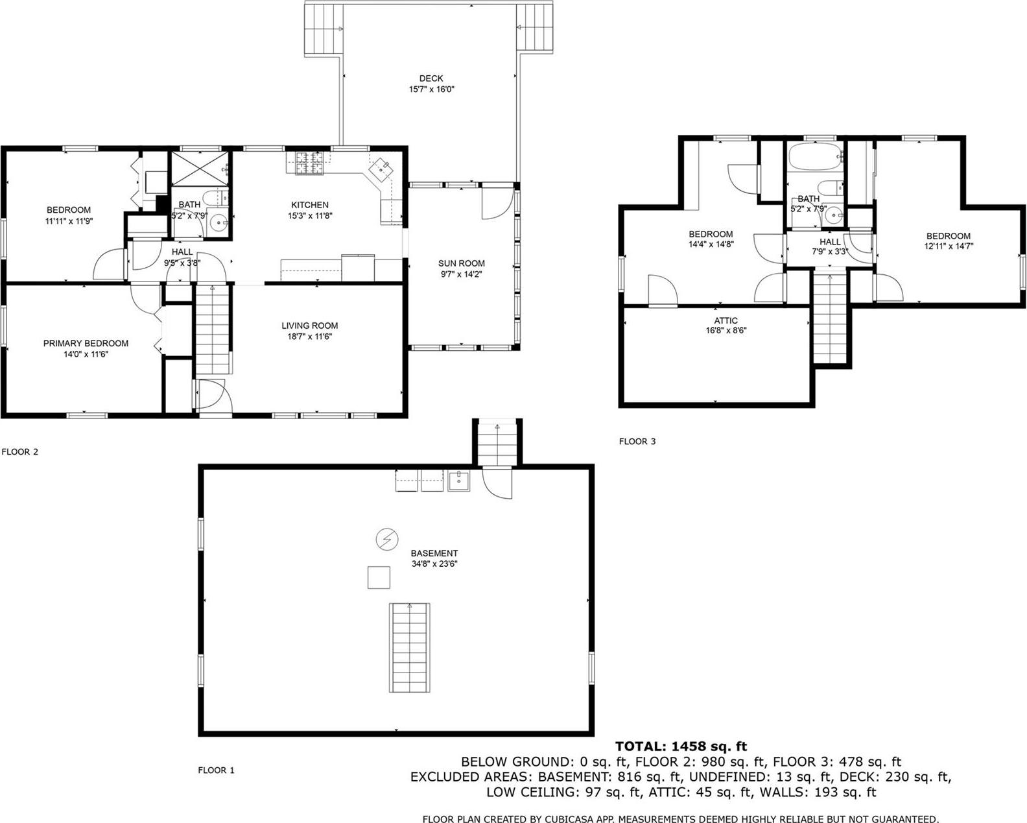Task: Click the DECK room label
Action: pos(431,78)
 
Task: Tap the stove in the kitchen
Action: pos(309,162)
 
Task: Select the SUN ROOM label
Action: pos(461,263)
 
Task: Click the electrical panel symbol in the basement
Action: pos(387,539)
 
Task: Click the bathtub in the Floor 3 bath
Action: pos(814,157)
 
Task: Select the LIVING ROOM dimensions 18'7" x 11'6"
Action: pos(309,337)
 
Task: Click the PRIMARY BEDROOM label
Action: pos(86,343)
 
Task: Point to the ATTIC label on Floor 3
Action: pos(726,320)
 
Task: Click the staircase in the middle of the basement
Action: pos(410,647)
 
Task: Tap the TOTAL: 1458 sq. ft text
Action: pos(681,746)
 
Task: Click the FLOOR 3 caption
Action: pos(637,442)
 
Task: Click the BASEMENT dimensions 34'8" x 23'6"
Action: pos(434,564)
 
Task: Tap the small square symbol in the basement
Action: pos(379,577)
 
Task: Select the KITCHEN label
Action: pos(309,205)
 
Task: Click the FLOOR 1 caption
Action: pos(216,770)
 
